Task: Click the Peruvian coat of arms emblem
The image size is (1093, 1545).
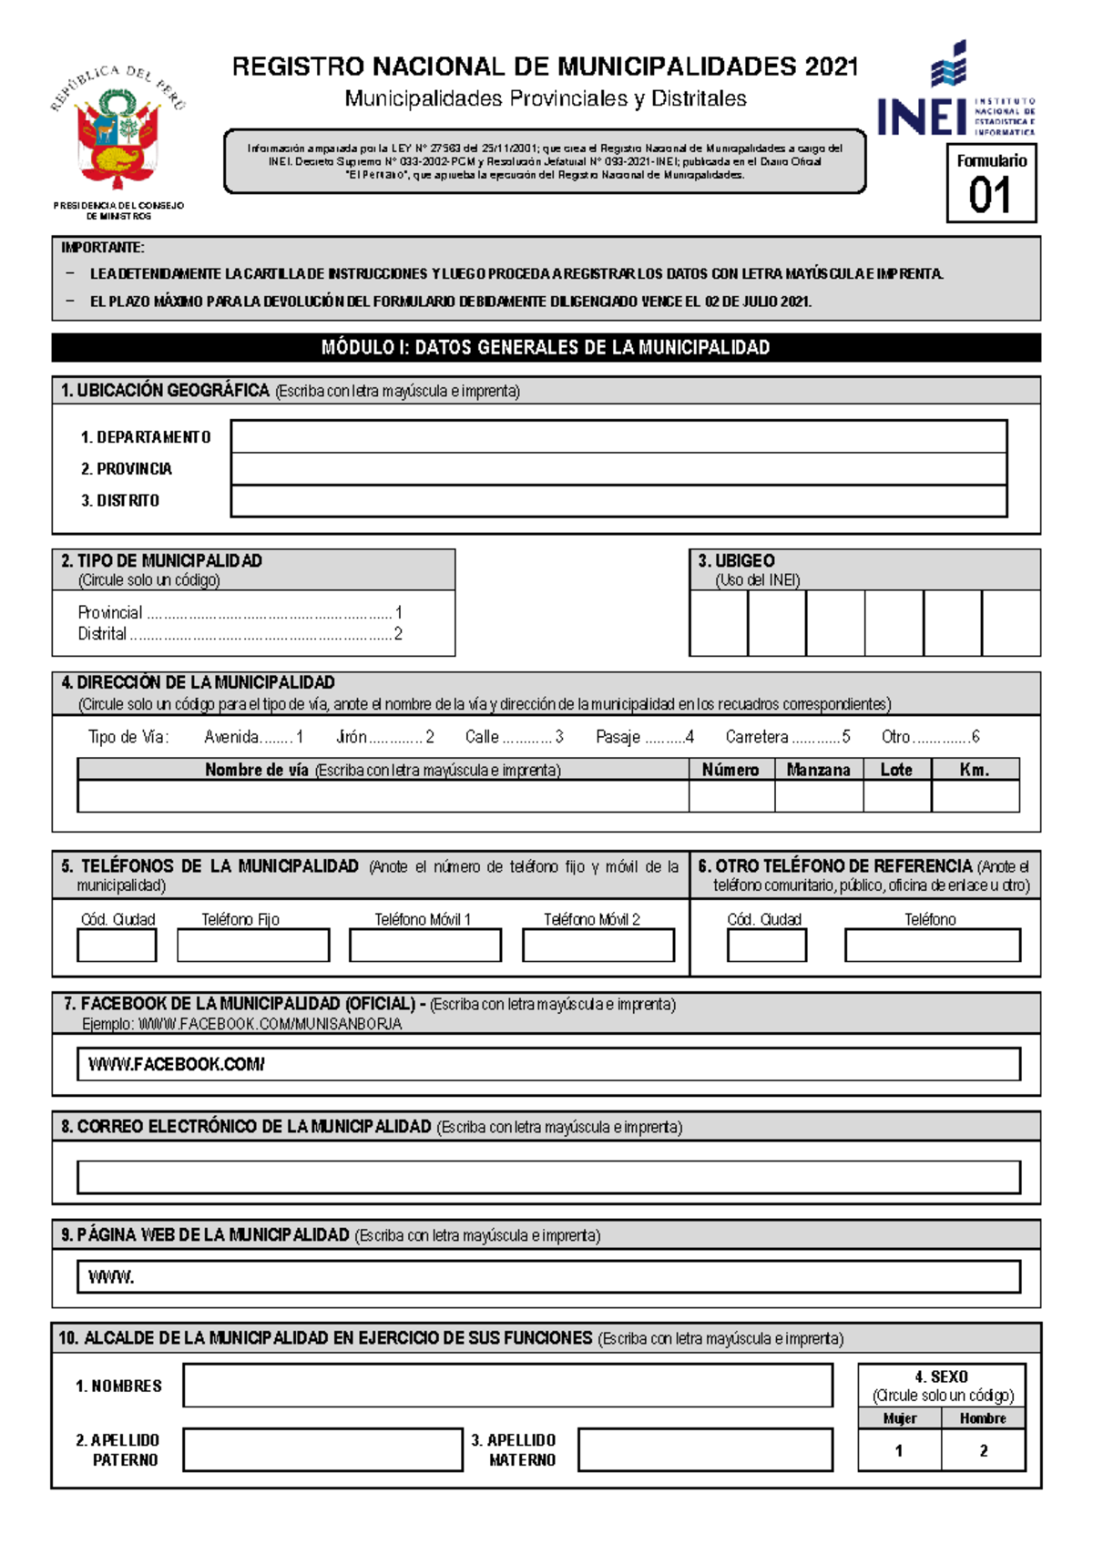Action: (117, 138)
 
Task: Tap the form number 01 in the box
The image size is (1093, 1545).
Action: (990, 196)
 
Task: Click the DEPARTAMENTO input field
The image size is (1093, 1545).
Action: (618, 436)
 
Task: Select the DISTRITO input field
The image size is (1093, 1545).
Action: (618, 501)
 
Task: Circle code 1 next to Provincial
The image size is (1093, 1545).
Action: (398, 613)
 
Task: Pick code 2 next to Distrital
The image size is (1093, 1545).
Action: (398, 634)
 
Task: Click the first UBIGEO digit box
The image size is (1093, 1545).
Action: (719, 622)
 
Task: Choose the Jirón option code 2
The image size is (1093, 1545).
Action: (430, 737)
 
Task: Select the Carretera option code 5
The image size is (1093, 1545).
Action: (846, 737)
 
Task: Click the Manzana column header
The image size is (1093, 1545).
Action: (818, 770)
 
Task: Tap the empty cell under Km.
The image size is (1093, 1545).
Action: (975, 796)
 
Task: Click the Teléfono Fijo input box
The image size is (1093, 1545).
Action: (252, 946)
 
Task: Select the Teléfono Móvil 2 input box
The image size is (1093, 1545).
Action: (598, 946)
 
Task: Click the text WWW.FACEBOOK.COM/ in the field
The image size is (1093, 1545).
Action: (176, 1064)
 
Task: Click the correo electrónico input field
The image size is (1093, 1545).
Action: (547, 1177)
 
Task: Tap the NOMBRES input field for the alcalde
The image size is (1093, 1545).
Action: (507, 1386)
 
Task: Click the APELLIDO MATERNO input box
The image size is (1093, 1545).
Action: (705, 1449)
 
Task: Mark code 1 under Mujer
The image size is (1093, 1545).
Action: (899, 1451)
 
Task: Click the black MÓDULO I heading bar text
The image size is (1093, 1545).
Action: (546, 347)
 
